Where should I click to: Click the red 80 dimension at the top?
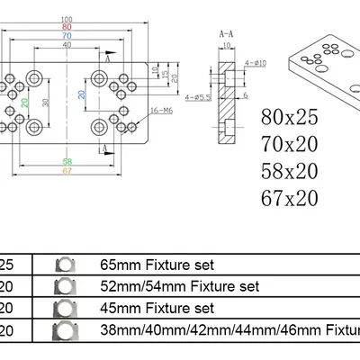67,27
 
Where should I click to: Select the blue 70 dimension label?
67,35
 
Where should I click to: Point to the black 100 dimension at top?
67,20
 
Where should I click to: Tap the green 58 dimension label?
67,160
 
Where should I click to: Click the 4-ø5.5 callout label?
197,95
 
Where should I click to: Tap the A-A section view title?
227,31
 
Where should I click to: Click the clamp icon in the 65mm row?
64,265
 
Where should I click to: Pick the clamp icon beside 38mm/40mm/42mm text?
64,329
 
